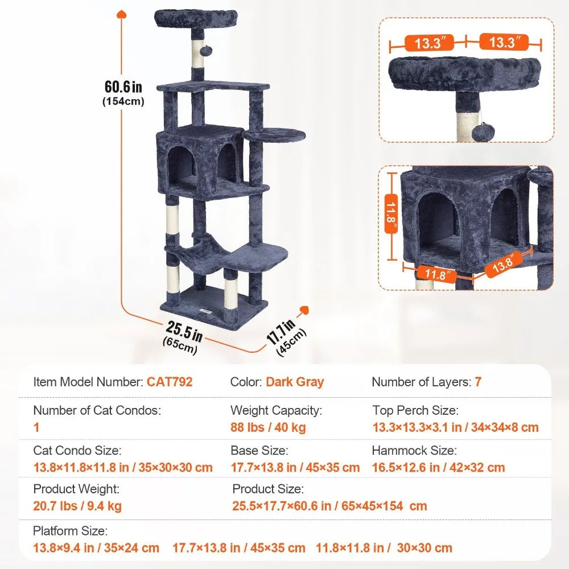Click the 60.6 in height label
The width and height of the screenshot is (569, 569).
point(123,86)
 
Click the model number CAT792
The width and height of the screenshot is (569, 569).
point(170,382)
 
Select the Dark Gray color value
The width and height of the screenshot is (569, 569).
point(295,382)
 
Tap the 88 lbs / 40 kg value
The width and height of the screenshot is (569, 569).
point(268,427)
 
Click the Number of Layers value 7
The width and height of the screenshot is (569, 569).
point(478,382)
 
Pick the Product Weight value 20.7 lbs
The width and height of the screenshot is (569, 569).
point(77,506)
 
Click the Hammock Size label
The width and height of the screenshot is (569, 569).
point(414,451)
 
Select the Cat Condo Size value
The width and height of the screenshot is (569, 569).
point(123,468)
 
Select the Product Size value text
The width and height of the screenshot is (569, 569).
point(329,506)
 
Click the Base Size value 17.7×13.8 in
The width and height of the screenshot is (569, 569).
point(295,468)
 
